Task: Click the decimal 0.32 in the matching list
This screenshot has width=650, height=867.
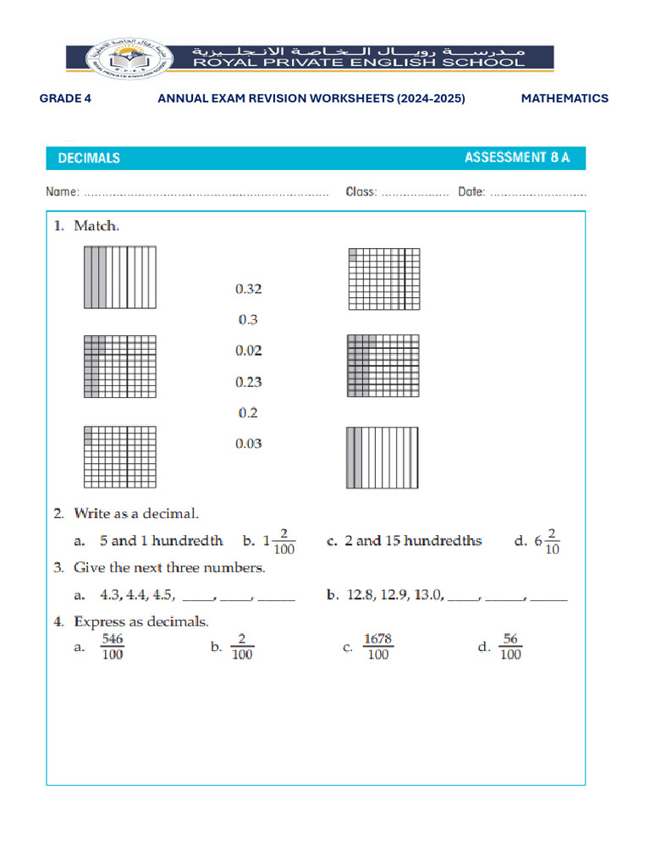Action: pos(248,289)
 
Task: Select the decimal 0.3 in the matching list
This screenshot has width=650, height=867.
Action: pos(248,320)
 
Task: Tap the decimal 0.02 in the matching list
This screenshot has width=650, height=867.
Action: pos(248,351)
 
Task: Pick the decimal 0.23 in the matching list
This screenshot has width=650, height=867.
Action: pos(248,382)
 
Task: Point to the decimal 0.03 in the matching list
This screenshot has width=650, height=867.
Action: pos(248,444)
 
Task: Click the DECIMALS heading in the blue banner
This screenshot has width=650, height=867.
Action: pos(89,157)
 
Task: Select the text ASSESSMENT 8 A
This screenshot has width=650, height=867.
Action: pos(517,157)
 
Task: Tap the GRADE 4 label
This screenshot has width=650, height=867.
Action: pos(65,98)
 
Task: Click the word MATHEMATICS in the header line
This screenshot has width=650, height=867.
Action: pos(565,98)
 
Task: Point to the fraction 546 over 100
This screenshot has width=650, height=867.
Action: pos(112,648)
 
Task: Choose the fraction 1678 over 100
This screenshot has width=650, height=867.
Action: pos(377,648)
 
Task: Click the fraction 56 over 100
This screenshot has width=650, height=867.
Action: pos(510,648)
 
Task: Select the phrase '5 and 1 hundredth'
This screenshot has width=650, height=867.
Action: pos(161,541)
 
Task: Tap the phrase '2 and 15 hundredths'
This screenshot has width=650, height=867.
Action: pos(413,541)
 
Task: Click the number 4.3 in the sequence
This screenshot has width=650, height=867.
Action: pos(110,595)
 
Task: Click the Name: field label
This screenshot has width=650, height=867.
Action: pos(63,192)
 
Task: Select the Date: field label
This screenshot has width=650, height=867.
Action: pos(471,192)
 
